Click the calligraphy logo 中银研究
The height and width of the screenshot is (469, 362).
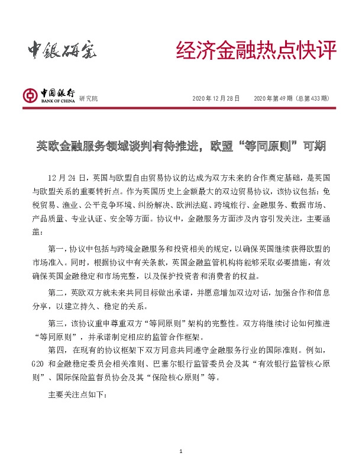[62, 52]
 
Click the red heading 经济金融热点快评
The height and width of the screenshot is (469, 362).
[256, 52]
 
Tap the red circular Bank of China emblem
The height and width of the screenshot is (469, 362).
[29, 95]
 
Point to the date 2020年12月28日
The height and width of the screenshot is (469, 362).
[216, 98]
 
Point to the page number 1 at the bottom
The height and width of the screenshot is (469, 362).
[181, 452]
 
